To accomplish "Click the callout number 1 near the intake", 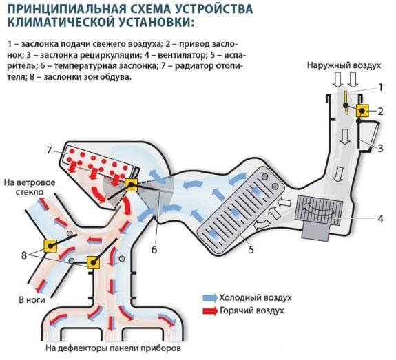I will tap(378, 87).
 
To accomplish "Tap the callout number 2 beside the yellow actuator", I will tap(379, 111).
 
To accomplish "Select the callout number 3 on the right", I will tap(380, 147).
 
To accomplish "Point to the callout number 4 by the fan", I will tap(380, 220).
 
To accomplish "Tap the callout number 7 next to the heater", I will tap(49, 151).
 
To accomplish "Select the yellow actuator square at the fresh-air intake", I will tap(360, 111).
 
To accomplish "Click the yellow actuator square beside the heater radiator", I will tap(132, 184).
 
